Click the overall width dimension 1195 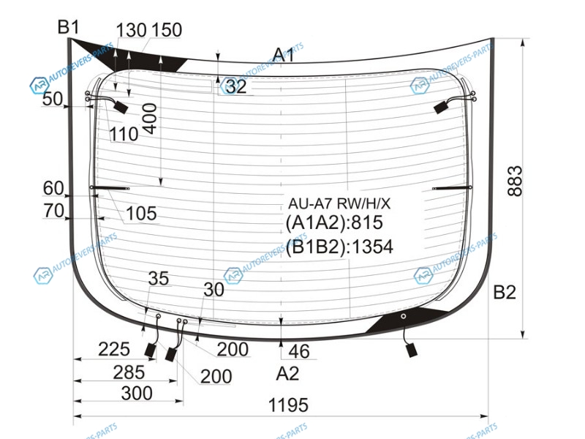288,405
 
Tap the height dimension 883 516,181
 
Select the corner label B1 69,27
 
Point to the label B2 505,292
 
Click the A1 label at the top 284,55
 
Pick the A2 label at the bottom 287,373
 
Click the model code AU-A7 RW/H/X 339,203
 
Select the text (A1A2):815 334,222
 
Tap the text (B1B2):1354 339,247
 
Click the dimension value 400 150,119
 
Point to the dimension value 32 236,86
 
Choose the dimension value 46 299,351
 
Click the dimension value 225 114,350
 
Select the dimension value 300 137,393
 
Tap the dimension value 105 141,214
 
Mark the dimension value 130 131,30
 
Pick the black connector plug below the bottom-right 412,350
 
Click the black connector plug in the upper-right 442,108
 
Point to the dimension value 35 159,279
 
